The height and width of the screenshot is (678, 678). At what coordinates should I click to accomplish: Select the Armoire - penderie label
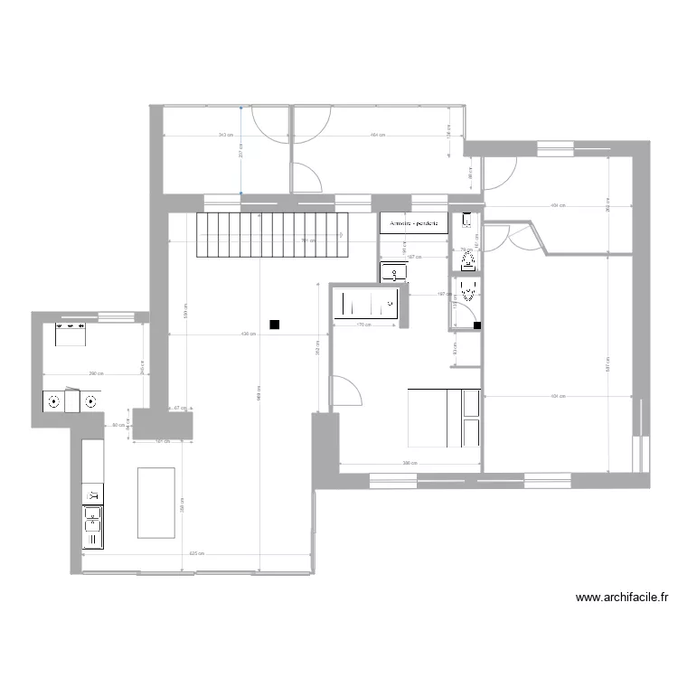tap(414, 222)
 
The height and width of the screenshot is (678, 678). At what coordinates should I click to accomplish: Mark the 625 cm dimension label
tap(195, 553)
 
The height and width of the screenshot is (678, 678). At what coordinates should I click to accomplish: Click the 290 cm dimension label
tap(96, 373)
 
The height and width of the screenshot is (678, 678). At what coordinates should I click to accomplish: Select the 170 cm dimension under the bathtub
tap(366, 325)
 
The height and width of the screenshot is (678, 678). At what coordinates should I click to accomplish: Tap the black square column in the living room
tap(274, 325)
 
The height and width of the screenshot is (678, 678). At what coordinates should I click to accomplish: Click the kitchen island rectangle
tap(155, 502)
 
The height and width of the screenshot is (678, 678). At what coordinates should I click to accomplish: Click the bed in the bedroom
tap(444, 418)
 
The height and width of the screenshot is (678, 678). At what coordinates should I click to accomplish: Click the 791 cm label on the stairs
tap(307, 240)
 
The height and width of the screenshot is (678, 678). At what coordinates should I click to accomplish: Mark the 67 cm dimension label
tap(177, 408)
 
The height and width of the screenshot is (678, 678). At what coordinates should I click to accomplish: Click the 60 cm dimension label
tap(118, 425)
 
